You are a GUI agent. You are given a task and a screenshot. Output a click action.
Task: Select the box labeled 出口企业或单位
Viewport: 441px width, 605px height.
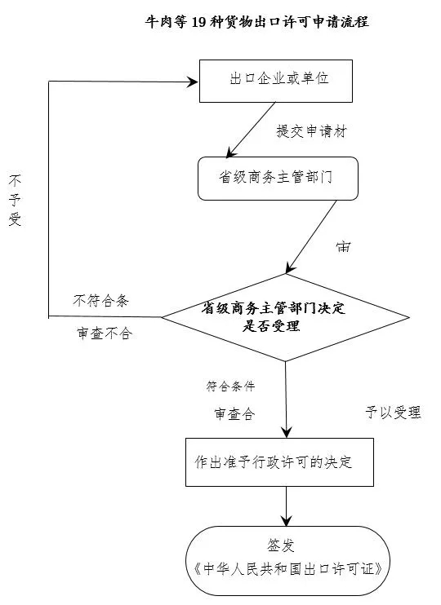pos(275,80)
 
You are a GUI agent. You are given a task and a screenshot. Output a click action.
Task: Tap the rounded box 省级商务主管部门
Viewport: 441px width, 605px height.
pos(278,178)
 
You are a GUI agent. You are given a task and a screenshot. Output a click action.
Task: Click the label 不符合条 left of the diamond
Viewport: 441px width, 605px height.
pos(100,300)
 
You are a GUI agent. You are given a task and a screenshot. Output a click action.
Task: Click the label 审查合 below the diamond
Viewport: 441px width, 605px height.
pos(234,414)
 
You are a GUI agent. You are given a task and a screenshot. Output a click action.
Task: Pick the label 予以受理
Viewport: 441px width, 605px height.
pos(393,412)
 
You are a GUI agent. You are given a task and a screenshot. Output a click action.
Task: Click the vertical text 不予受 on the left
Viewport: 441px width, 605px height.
pos(15,199)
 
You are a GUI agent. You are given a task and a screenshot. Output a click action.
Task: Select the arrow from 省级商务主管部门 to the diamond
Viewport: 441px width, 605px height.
pos(310,236)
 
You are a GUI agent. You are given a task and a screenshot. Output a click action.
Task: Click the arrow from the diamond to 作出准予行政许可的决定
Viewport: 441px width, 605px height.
pos(286,400)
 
